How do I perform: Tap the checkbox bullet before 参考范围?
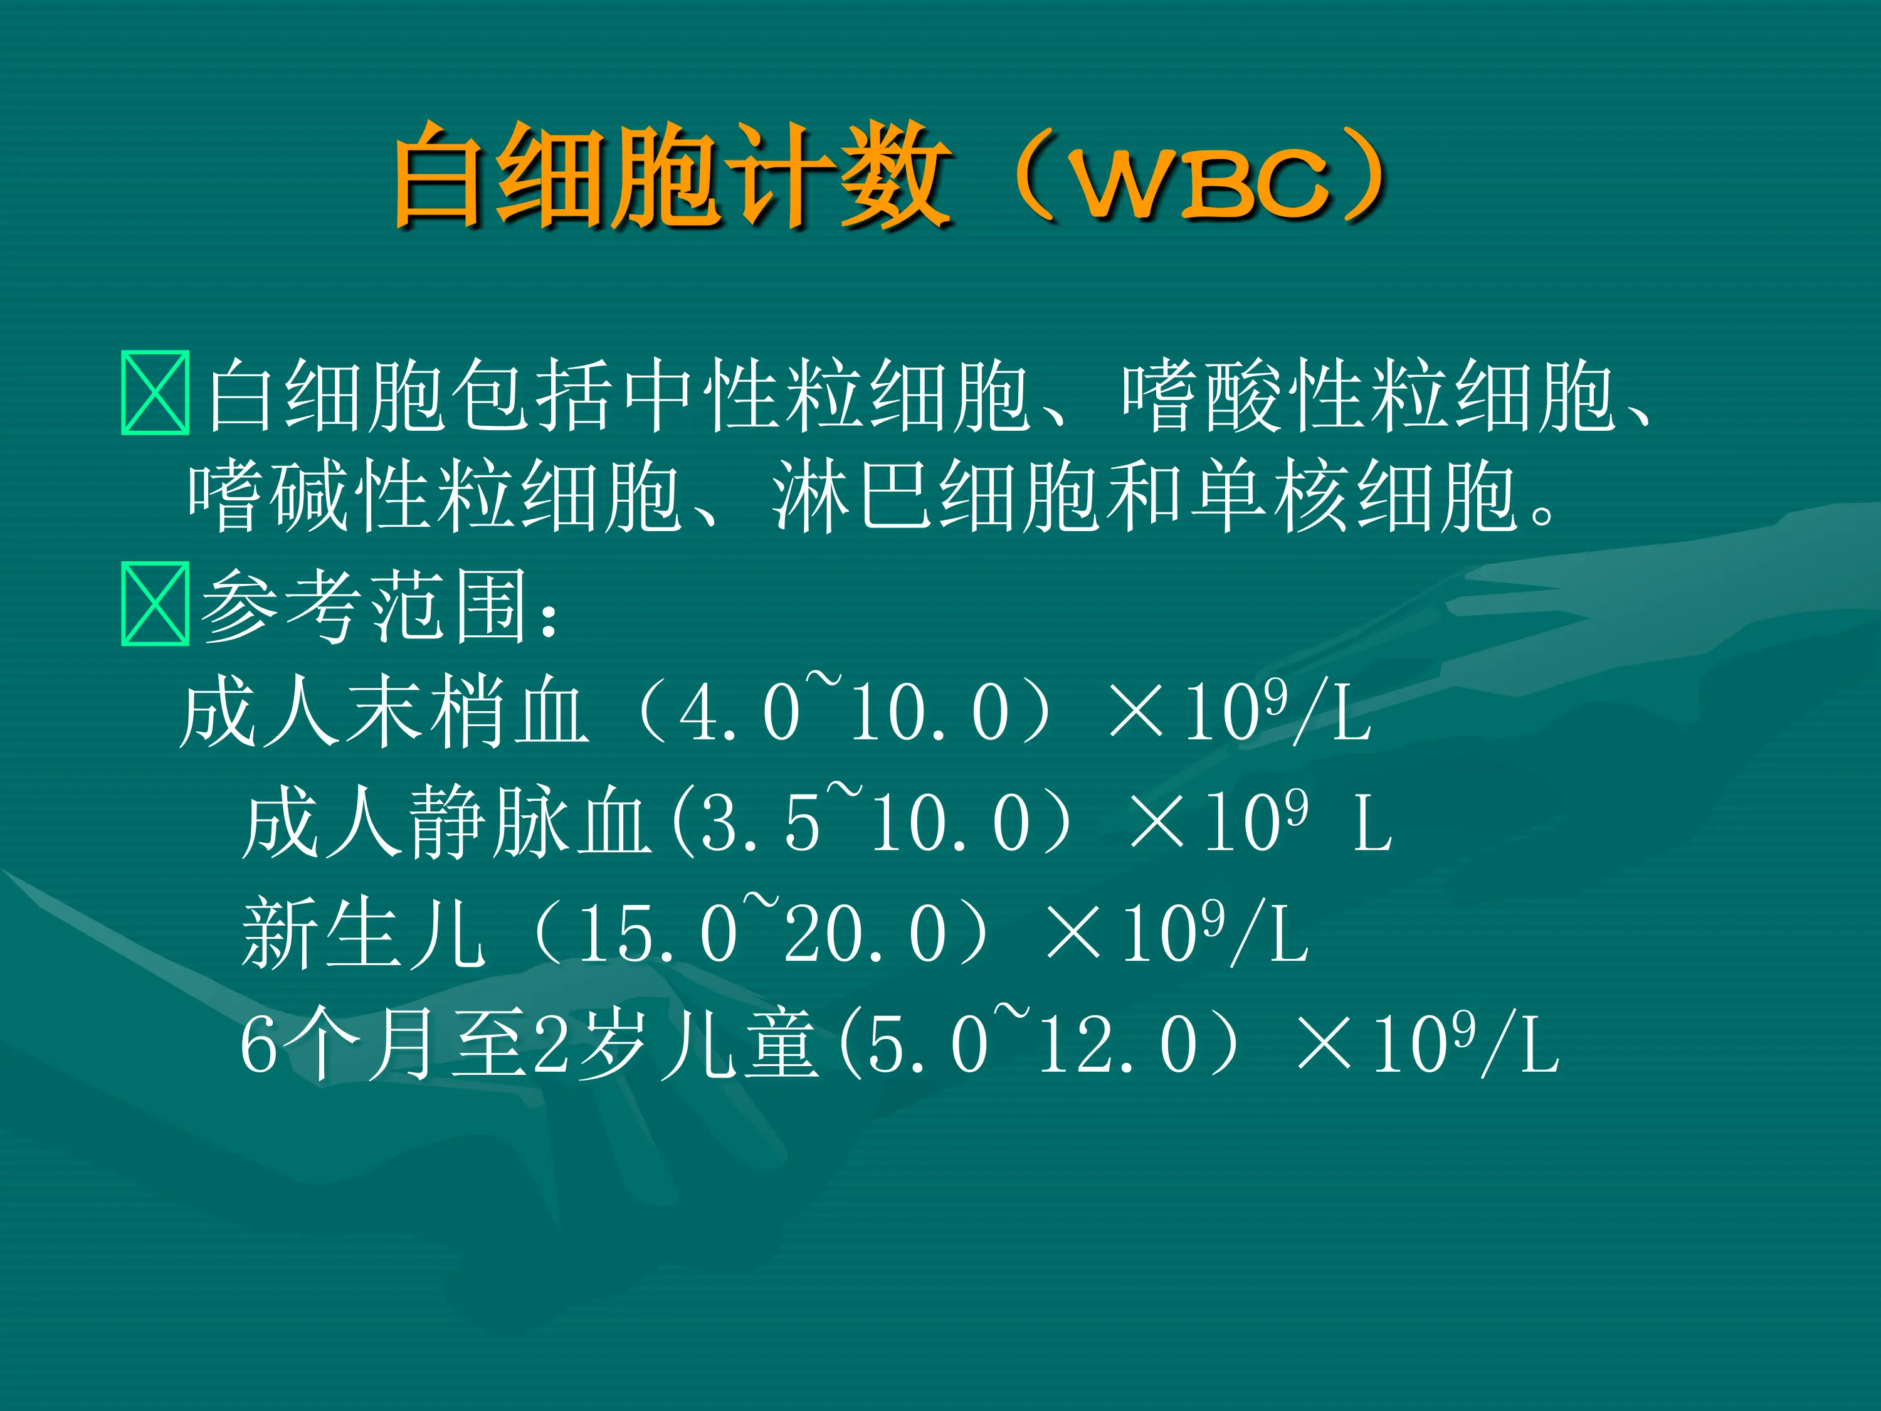pyautogui.click(x=155, y=605)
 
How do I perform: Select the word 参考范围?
pyautogui.click(x=365, y=606)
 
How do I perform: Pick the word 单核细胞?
pyautogui.click(x=1352, y=496)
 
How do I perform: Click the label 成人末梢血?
pyautogui.click(x=382, y=713)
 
